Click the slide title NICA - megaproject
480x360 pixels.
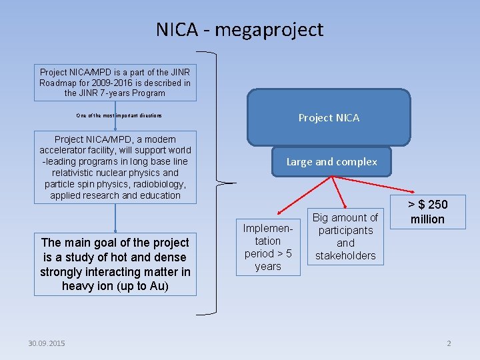(x=239, y=29)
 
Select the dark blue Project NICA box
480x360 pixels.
(x=329, y=117)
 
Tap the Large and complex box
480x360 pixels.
(x=331, y=161)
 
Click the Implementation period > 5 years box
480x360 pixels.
(x=268, y=247)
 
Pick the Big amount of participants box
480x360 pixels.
(x=345, y=237)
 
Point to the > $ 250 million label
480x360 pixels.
(x=427, y=212)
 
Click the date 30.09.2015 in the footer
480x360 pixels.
(x=47, y=343)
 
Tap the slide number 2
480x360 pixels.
(x=449, y=343)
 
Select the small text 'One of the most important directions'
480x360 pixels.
(x=119, y=116)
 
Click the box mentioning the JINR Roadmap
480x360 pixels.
(x=115, y=83)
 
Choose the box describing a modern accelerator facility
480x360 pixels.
(x=115, y=167)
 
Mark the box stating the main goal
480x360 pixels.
(x=115, y=265)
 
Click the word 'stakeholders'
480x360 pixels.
(x=345, y=255)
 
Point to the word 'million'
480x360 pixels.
(x=427, y=219)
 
